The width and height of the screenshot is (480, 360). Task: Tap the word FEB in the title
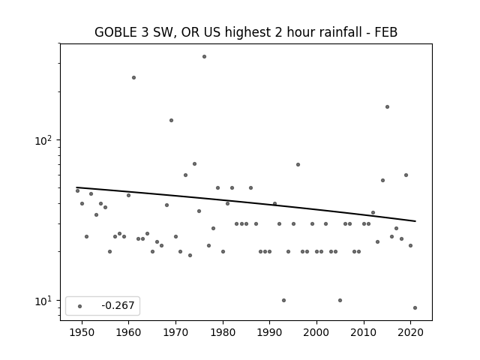tap(386, 32)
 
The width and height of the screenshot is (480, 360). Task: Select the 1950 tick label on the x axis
tap(82, 332)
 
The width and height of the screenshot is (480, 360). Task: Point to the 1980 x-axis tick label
tap(223, 332)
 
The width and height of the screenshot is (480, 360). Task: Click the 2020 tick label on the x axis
tap(410, 332)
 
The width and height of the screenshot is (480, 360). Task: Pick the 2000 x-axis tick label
tap(316, 332)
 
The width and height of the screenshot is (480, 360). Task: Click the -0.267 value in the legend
tap(118, 305)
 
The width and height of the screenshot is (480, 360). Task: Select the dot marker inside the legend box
tap(79, 306)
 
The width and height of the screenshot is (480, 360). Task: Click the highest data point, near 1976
tap(204, 57)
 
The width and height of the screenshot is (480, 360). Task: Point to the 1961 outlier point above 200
tap(133, 78)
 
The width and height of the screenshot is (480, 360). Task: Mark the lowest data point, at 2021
tap(415, 308)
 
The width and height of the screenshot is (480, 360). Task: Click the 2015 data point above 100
tap(387, 106)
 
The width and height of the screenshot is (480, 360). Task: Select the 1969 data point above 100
tap(172, 120)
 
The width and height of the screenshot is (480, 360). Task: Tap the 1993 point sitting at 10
tap(283, 300)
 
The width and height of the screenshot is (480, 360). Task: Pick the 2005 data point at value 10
tap(340, 300)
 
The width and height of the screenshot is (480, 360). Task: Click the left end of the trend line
tap(76, 187)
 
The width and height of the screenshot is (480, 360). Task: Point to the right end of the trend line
tap(415, 221)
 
